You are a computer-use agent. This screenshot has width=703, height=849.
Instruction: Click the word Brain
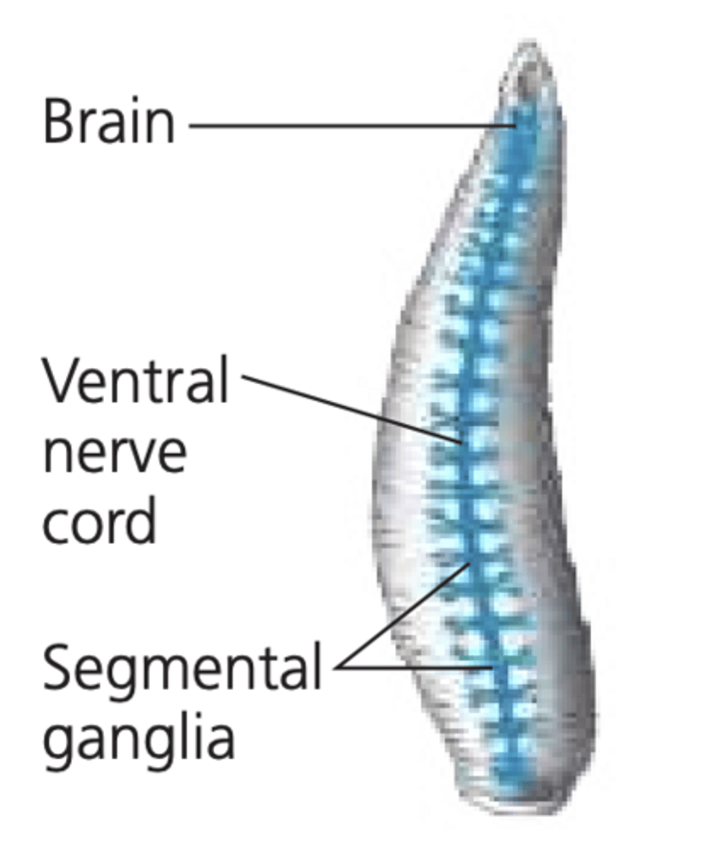(x=108, y=121)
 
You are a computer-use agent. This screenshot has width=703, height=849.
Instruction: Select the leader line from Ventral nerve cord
(x=354, y=409)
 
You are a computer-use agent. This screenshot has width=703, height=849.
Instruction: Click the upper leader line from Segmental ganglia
(x=404, y=616)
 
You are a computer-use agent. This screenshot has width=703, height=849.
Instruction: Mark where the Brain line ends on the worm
(x=515, y=126)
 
